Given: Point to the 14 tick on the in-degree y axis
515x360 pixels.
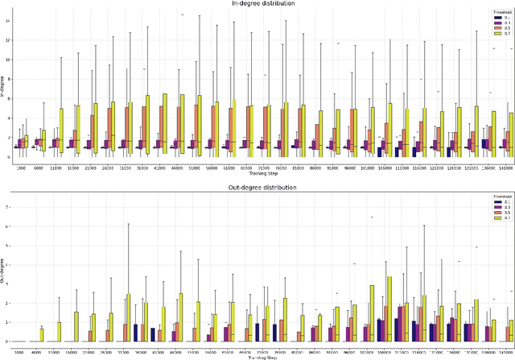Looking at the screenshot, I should click(7, 19).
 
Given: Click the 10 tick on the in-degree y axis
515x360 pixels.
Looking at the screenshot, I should click(7, 59).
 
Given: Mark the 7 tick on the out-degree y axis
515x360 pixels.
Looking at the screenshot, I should click(8, 206).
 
